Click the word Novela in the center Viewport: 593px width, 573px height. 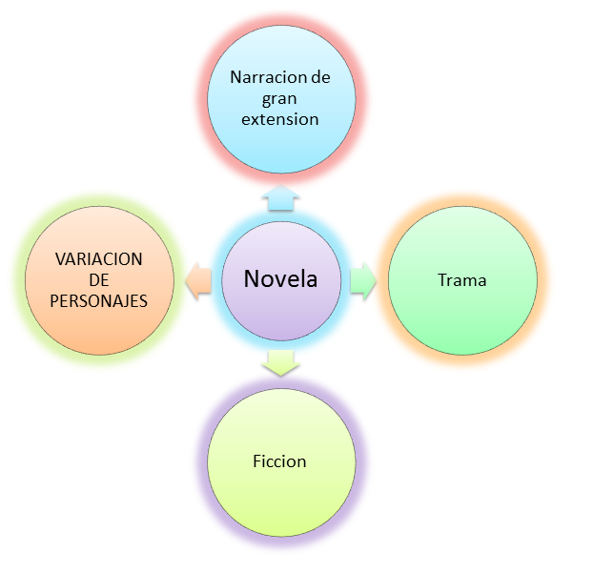pos(280,279)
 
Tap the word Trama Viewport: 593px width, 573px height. pos(462,280)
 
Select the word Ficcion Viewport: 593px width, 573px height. pos(280,461)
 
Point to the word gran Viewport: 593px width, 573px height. pos(280,98)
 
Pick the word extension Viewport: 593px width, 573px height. pos(280,119)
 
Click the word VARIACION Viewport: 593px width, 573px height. pos(98,259)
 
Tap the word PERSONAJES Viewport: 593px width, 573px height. pos(100,300)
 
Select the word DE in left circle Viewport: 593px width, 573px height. pos(99,280)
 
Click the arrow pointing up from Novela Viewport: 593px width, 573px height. pos(280,198)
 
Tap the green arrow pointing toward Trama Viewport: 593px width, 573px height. pos(363,281)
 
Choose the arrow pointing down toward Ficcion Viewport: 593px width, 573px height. pos(280,362)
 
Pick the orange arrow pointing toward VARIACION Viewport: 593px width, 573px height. pos(198,281)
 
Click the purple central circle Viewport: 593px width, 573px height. pos(280,315)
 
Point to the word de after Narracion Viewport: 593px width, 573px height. pos(319,77)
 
